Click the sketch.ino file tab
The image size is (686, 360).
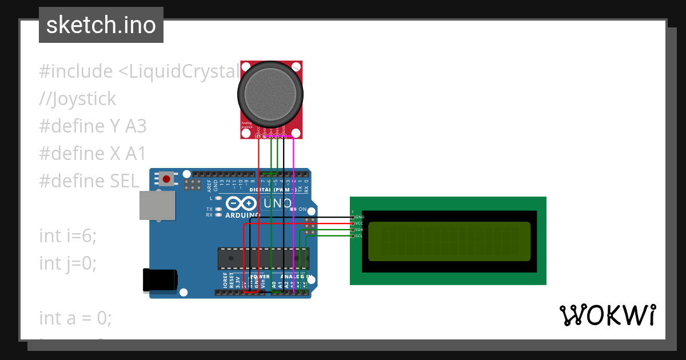pyautogui.click(x=101, y=25)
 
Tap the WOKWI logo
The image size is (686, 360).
pyautogui.click(x=607, y=315)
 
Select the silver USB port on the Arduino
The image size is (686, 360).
pyautogui.click(x=157, y=205)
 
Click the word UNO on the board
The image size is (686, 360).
pyautogui.click(x=277, y=203)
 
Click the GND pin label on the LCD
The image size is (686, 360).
pyautogui.click(x=360, y=217)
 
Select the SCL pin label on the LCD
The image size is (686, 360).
pyautogui.click(x=359, y=236)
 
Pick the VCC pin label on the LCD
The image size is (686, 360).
pyautogui.click(x=359, y=223)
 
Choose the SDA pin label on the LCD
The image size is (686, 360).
pyautogui.click(x=359, y=230)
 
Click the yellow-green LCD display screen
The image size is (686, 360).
pyautogui.click(x=449, y=241)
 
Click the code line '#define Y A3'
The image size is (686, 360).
pyautogui.click(x=93, y=126)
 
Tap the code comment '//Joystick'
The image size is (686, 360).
pyautogui.click(x=77, y=99)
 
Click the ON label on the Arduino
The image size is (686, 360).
pyautogui.click(x=302, y=210)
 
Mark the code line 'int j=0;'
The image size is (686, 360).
pyautogui.click(x=67, y=263)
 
